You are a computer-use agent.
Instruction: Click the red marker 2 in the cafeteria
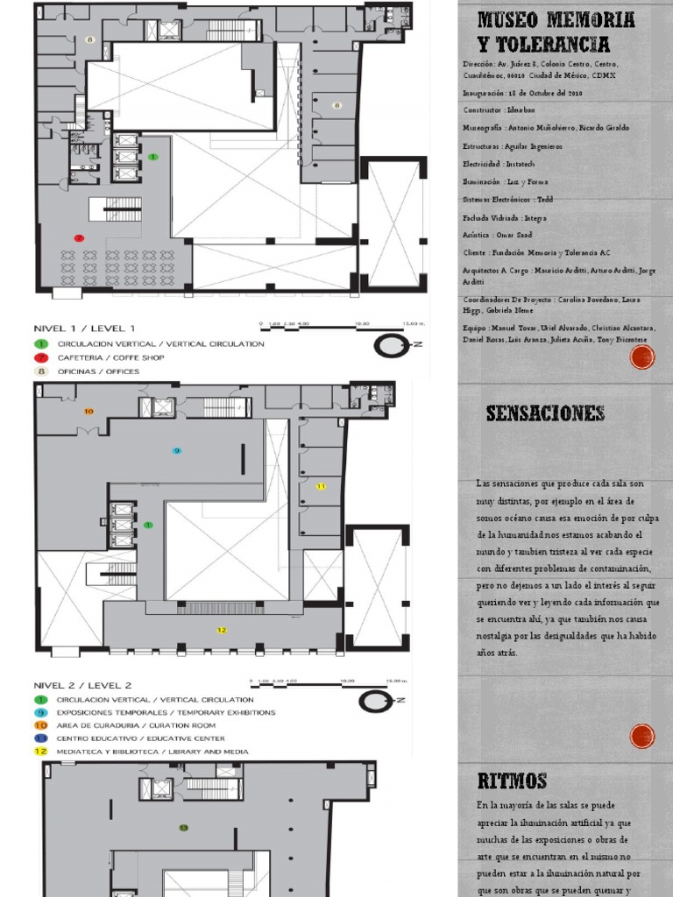tap(79, 237)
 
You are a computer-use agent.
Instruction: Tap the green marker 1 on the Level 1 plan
tap(153, 157)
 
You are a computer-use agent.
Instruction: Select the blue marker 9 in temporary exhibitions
tap(176, 450)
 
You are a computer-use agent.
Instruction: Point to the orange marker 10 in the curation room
tap(88, 411)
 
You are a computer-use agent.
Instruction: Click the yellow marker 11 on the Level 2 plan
tap(321, 485)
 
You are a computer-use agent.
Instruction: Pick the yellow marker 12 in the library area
tap(222, 630)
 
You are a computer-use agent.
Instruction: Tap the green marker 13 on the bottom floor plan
tap(183, 827)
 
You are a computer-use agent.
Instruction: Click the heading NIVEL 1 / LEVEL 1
tap(84, 327)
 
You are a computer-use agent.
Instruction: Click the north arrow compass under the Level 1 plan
tap(391, 345)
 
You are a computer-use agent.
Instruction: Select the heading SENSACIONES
tap(545, 413)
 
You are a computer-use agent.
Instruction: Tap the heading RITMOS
tap(513, 780)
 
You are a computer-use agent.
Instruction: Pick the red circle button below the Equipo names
tap(642, 357)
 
